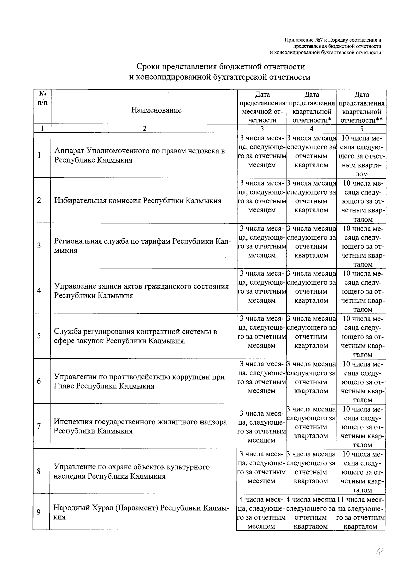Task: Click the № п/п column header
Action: click(x=42, y=98)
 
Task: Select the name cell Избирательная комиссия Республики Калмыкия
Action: click(x=138, y=201)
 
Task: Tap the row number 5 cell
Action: click(x=39, y=336)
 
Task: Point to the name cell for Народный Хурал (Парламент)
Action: click(x=141, y=512)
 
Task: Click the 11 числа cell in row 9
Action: click(x=361, y=513)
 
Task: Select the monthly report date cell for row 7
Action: click(x=262, y=427)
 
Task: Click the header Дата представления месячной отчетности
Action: click(x=262, y=107)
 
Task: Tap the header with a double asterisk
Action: click(x=361, y=107)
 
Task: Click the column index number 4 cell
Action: click(x=311, y=129)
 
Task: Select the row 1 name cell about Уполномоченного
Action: click(x=139, y=155)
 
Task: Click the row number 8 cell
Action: click(x=39, y=471)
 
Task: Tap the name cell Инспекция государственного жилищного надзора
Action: click(x=140, y=426)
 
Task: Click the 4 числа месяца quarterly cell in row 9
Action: click(x=311, y=513)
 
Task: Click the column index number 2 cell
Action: click(x=144, y=129)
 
